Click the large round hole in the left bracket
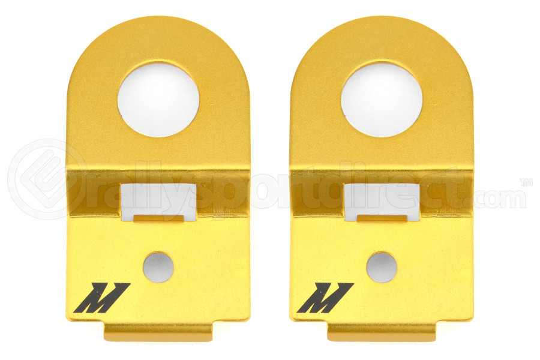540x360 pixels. coord(158,100)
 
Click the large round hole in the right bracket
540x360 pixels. coord(382,100)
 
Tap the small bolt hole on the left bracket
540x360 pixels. coord(158,268)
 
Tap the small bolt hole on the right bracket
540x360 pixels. coord(382,268)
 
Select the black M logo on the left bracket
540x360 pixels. coord(102,298)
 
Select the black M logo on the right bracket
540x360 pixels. coord(325,298)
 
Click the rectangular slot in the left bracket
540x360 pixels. coord(158,202)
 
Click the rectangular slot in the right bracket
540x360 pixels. coord(382,202)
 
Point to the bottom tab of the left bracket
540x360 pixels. coord(159,331)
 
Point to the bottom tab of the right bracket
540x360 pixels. coord(382,331)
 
